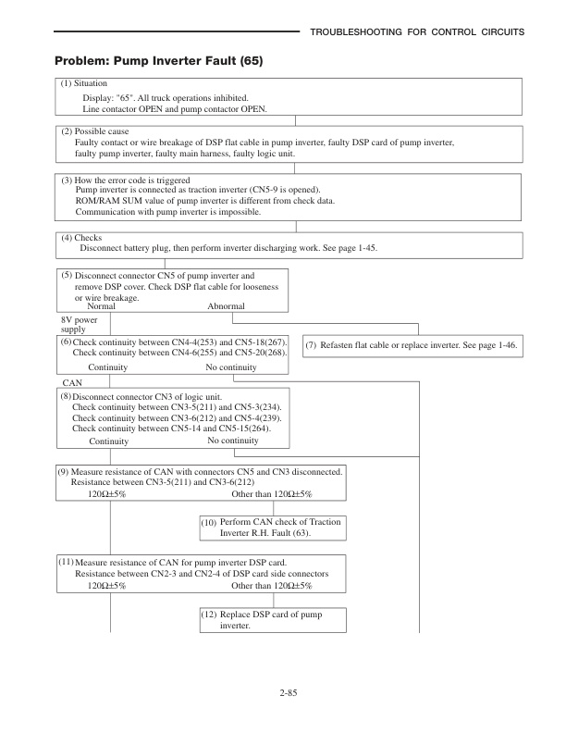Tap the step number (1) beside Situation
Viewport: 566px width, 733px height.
pos(67,83)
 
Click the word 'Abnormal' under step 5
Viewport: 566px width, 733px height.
pos(226,306)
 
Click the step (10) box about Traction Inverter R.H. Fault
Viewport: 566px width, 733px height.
pos(272,528)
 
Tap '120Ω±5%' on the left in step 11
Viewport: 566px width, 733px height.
pos(106,586)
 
